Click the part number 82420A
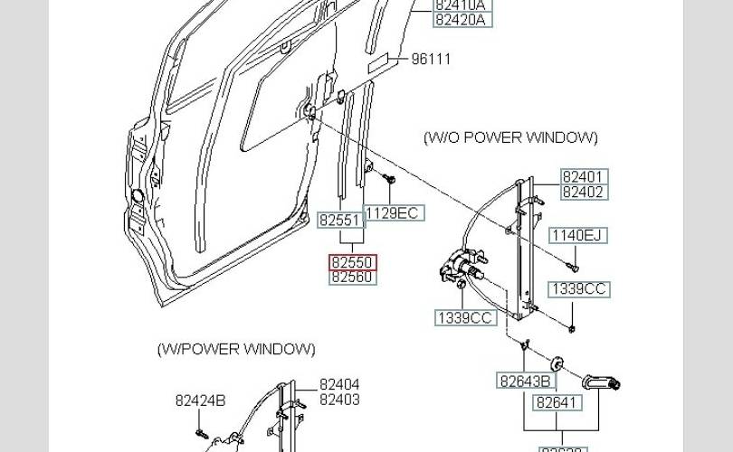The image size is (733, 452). coord(460,19)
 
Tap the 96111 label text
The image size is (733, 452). coord(431,60)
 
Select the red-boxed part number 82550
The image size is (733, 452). coord(352,263)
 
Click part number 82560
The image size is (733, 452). coord(352,277)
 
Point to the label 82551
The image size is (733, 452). coord(340,220)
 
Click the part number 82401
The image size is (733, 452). coord(583,177)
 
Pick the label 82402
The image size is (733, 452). coord(583,192)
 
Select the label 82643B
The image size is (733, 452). coord(525,381)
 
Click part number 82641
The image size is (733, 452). coord(557,403)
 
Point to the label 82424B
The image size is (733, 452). coord(200,400)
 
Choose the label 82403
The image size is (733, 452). coord(339,400)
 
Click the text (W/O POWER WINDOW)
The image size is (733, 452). coord(510,137)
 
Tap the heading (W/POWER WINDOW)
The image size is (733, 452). coord(236,349)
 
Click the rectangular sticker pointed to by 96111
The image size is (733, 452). coord(385,61)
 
